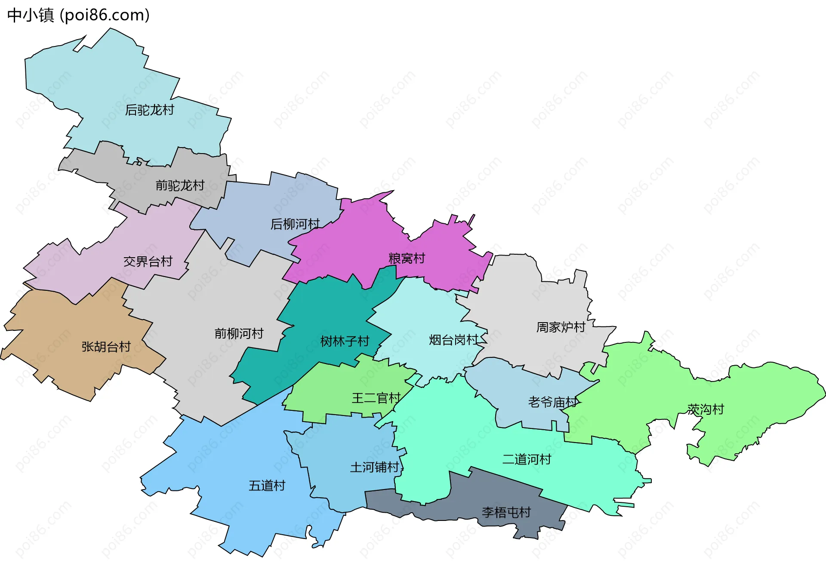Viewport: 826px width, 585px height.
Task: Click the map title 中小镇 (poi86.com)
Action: pos(78,15)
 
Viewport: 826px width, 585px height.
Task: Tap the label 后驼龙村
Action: pos(149,110)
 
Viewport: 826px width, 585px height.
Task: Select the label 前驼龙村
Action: pos(180,185)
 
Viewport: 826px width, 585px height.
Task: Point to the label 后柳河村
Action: pos(295,224)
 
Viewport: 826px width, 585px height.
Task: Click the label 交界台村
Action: pos(148,262)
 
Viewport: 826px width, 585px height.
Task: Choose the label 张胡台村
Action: pos(106,347)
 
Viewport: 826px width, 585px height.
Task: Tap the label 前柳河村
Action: pos(239,333)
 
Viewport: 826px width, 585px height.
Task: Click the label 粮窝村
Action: pos(407,259)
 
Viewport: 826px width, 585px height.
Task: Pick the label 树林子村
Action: pos(345,342)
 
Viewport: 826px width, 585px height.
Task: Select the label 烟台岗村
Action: pos(453,340)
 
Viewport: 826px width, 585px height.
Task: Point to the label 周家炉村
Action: pos(561,327)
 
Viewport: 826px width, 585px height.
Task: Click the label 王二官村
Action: pos(376,398)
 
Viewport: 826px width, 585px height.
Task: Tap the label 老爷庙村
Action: pos(552,403)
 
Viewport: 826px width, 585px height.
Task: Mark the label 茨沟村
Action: pos(706,409)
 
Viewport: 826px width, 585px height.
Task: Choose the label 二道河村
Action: pos(527,459)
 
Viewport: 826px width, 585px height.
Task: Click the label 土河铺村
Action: pos(374,467)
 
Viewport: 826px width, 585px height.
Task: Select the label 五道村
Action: pos(267,486)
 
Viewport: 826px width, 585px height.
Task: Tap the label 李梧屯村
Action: pos(506,512)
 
